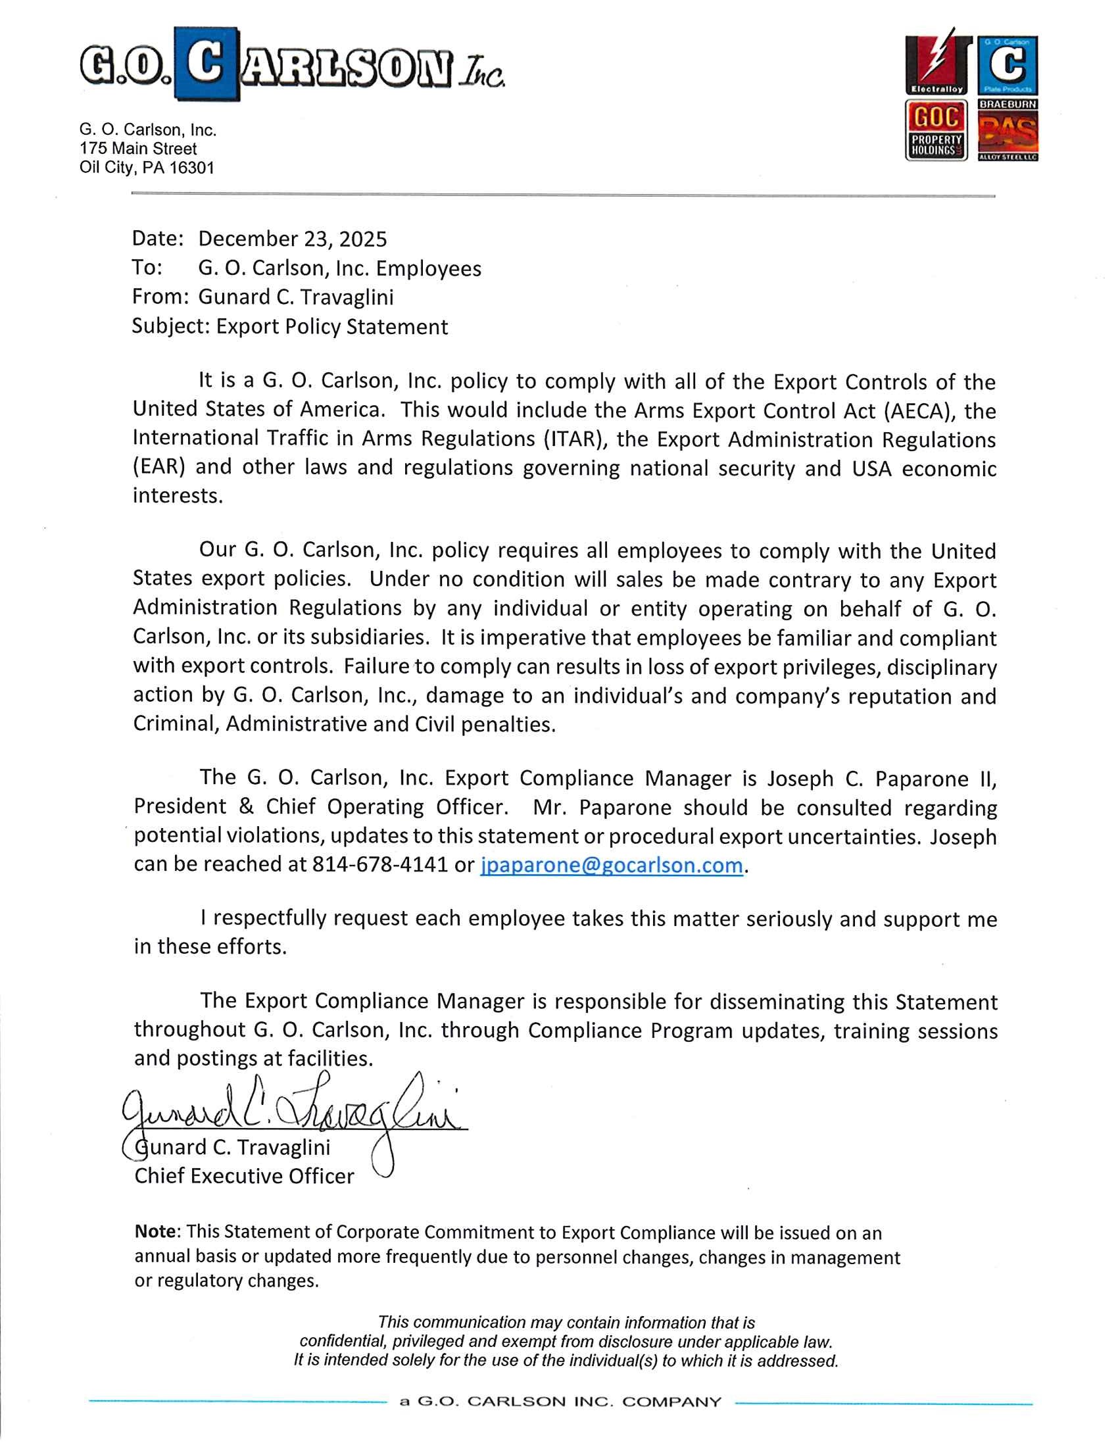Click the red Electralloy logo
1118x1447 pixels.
coord(936,64)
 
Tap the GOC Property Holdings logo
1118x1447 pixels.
coord(936,130)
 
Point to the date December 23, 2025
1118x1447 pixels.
coord(292,239)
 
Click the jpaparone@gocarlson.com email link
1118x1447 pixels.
coord(611,865)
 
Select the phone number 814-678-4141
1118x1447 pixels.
coord(379,865)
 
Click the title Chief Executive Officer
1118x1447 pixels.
coord(244,1176)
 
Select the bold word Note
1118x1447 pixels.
coord(157,1232)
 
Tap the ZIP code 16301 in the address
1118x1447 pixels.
coord(191,168)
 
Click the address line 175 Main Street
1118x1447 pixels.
coord(137,149)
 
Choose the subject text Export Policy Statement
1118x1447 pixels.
coord(332,327)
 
